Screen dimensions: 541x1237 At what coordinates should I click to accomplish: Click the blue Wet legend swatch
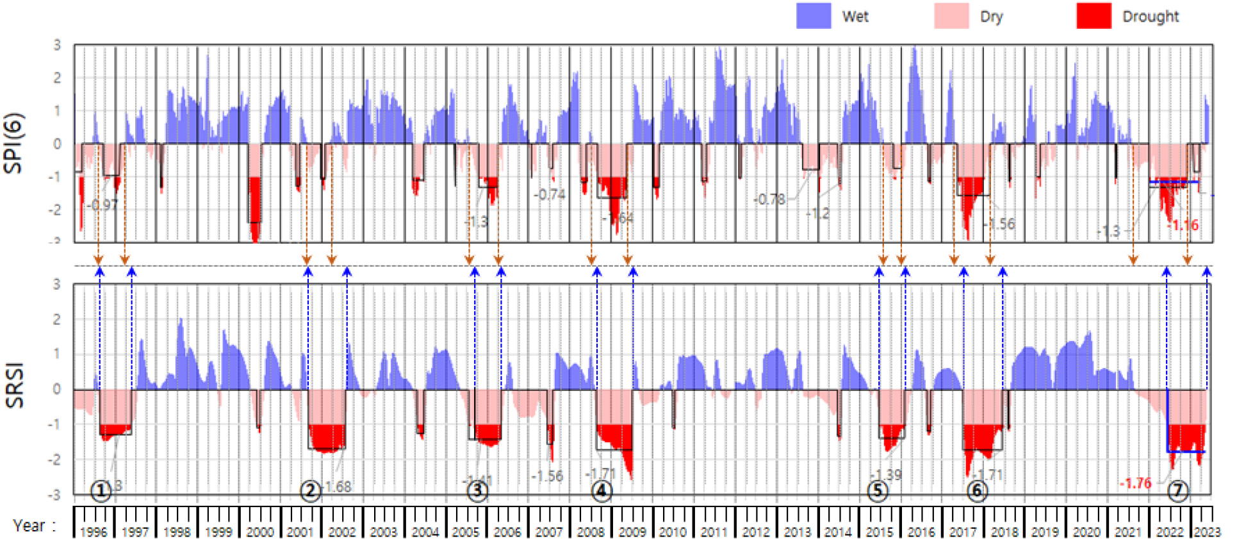813,16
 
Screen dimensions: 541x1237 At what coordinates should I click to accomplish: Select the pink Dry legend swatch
951,16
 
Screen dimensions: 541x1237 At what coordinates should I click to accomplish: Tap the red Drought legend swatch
1093,16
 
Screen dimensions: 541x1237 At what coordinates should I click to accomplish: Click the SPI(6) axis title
13,143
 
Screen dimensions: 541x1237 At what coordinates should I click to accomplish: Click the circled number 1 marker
101,491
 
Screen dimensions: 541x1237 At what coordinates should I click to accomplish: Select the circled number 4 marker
601,492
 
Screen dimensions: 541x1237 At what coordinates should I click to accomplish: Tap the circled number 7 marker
1177,491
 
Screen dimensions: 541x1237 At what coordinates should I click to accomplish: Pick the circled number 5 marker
878,492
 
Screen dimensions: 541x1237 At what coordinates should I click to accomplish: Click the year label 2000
259,532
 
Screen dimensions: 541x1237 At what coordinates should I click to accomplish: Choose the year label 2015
879,532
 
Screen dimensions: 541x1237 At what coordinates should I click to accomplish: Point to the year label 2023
1207,532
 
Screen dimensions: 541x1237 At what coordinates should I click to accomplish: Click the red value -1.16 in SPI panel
1183,225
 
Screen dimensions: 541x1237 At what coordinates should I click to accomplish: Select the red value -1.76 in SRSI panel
1135,483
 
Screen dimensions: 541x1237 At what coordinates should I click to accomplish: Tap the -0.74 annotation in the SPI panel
550,194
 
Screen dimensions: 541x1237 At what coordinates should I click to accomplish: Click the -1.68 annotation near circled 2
338,487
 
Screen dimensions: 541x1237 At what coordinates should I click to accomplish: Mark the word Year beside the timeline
29,526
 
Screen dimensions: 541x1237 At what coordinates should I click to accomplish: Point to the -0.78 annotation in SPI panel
769,199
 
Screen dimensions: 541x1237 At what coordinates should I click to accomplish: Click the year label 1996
94,532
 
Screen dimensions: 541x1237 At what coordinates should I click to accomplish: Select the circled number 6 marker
977,492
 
